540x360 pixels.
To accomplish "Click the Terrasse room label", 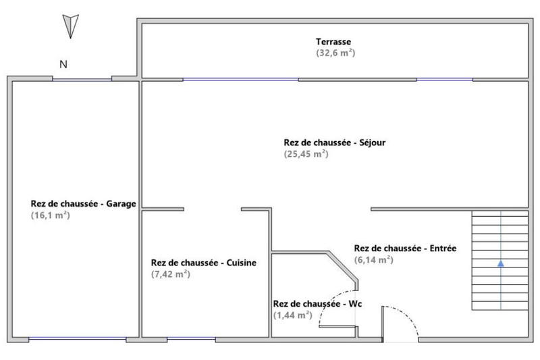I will click(335, 42).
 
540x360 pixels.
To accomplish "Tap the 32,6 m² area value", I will click(335, 53).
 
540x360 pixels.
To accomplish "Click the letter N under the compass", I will click(63, 65).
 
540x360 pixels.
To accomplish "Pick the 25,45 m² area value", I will click(306, 153).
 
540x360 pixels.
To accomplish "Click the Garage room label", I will click(84, 204).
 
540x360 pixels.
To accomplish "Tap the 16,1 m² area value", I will click(51, 215).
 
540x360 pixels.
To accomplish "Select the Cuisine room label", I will click(203, 263).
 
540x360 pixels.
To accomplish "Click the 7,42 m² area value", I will click(171, 274).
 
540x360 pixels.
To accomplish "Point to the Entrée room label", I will click(405, 248).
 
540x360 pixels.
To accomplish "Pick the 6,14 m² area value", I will click(373, 259).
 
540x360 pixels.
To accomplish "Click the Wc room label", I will click(317, 304).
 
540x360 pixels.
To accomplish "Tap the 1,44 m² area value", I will click(292, 315).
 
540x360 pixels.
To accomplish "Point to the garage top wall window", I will click(82, 79).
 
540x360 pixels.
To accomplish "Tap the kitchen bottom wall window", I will click(186, 338).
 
